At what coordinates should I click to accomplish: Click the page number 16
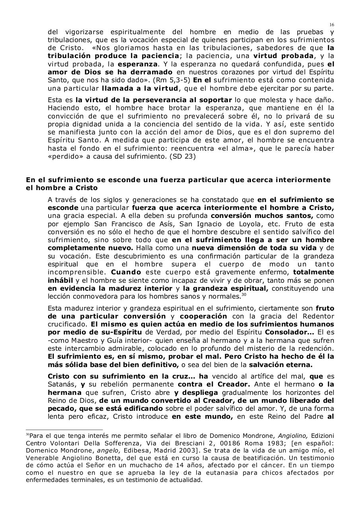tap(332, 25)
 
